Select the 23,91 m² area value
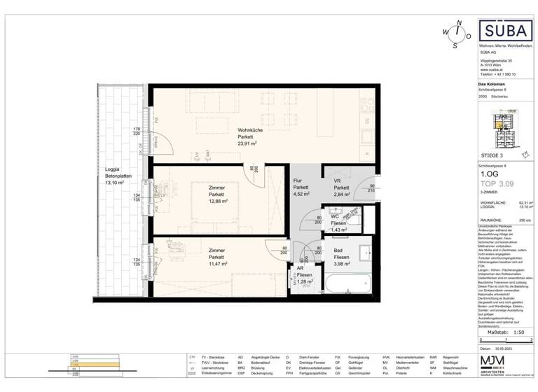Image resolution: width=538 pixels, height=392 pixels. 247,142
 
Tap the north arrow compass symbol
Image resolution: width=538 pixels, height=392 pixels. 457,32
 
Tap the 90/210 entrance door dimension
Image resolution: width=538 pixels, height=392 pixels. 372,187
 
